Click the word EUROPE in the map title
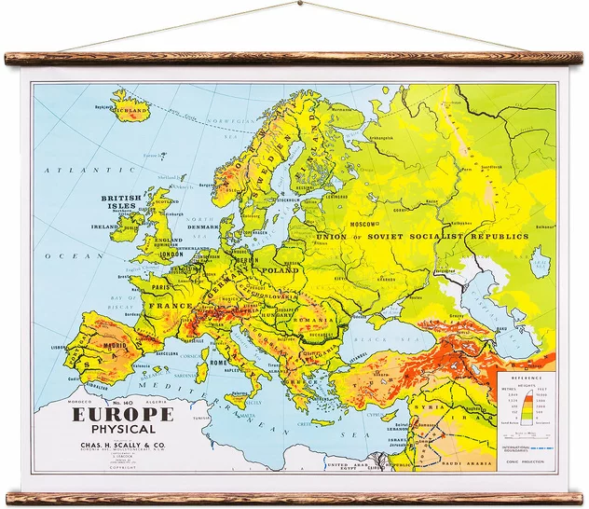(x=130, y=412)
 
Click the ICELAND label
(x=133, y=110)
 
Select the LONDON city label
(x=171, y=254)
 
